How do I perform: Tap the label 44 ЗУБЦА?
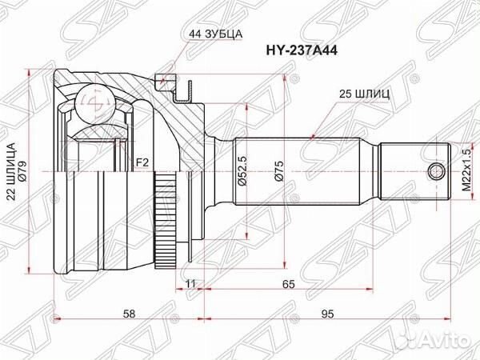pos(216,34)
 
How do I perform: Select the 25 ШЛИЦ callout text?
pos(363,94)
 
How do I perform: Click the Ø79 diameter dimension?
pos(23,172)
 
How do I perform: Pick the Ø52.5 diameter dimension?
pos(239,172)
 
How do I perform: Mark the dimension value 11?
pos(190,283)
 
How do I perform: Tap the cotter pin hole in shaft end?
pos(435,170)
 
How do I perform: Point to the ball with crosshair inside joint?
pos(94,100)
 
